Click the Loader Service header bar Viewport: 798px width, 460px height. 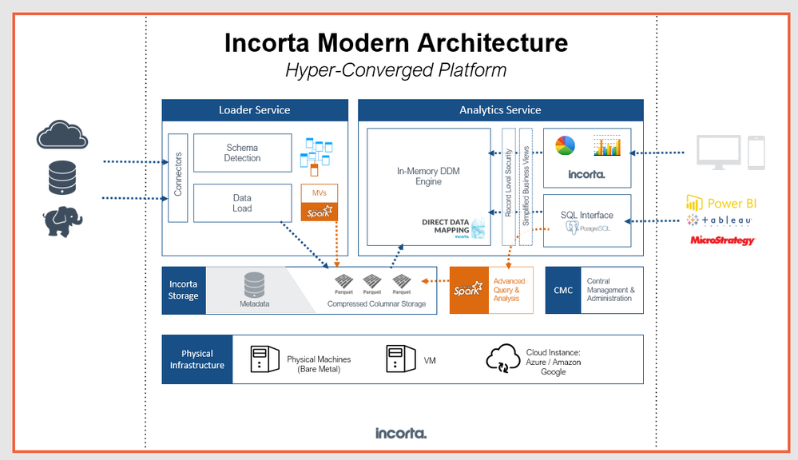pyautogui.click(x=255, y=110)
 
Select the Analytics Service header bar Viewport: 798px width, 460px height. pyautogui.click(x=500, y=110)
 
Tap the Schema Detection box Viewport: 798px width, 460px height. pyautogui.click(x=242, y=153)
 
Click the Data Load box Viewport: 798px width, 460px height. pyautogui.click(x=242, y=203)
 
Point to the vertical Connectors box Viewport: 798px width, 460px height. pyautogui.click(x=178, y=177)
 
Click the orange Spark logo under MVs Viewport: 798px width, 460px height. pyautogui.click(x=320, y=212)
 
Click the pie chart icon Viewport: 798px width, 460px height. pyautogui.click(x=565, y=145)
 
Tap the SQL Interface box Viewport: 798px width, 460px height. pyautogui.click(x=587, y=220)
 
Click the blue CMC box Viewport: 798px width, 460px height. pyautogui.click(x=563, y=290)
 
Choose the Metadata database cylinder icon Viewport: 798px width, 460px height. pyautogui.click(x=254, y=285)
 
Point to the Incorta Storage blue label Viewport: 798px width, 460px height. pyautogui.click(x=183, y=290)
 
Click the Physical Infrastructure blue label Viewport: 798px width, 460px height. pyautogui.click(x=197, y=359)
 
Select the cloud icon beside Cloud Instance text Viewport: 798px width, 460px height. pyautogui.click(x=503, y=359)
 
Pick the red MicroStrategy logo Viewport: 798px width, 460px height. pyautogui.click(x=722, y=240)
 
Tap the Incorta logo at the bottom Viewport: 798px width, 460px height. pyautogui.click(x=401, y=433)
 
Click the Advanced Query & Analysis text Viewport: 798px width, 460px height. pyautogui.click(x=510, y=290)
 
